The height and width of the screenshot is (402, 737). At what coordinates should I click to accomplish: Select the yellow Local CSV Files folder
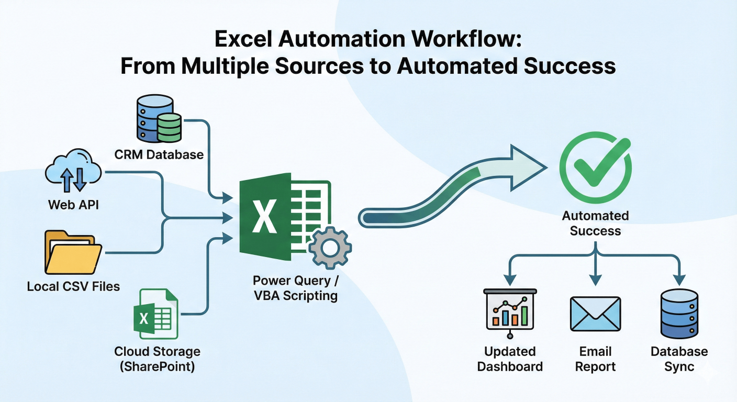tap(73, 253)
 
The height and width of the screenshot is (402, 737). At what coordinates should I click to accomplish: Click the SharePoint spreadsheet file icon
tap(155, 314)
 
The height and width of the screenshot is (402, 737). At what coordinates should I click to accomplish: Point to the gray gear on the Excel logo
tap(330, 248)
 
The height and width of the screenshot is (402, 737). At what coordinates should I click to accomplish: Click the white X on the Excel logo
tap(264, 217)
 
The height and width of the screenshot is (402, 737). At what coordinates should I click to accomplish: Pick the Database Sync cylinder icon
tap(679, 314)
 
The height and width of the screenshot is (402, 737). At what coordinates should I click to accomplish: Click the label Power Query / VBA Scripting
tap(296, 288)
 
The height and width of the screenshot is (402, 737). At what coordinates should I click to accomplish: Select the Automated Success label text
tap(595, 224)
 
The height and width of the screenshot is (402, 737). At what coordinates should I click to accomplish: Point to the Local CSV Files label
tap(73, 286)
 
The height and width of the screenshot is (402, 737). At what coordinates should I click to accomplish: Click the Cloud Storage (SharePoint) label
tap(157, 359)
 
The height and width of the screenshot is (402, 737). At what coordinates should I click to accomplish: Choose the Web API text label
tap(73, 205)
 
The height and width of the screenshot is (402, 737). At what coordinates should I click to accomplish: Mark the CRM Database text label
tap(159, 154)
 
